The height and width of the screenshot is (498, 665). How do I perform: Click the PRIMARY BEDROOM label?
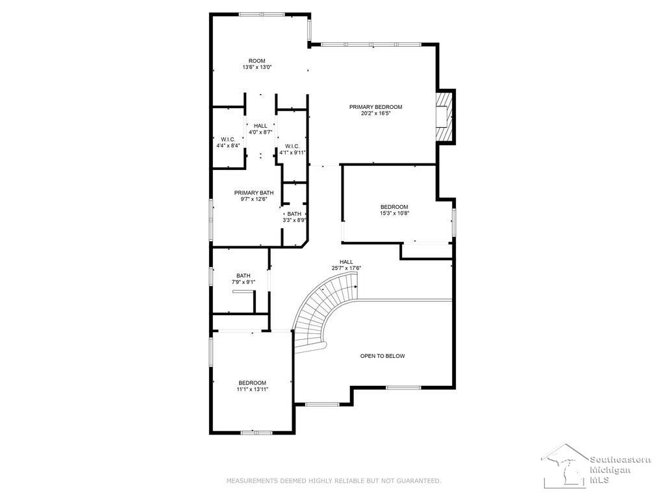375,107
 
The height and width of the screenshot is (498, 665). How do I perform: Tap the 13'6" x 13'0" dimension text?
257,67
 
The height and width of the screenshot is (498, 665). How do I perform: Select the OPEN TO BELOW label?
383,356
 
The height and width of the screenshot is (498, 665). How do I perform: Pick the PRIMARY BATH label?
254,193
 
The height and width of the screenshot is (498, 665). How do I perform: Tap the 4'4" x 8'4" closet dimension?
228,146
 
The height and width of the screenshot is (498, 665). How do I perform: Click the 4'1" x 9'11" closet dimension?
293,152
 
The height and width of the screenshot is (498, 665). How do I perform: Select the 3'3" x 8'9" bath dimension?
294,220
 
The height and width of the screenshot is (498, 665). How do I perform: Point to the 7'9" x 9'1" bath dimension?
244,282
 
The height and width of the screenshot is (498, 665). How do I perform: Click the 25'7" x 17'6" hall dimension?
346,268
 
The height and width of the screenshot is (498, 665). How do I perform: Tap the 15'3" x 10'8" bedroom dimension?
394,213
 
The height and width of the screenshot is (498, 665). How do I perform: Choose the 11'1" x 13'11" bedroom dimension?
253,389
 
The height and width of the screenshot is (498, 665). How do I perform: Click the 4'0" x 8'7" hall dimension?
260,132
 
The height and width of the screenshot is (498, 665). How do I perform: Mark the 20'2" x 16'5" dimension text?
376,113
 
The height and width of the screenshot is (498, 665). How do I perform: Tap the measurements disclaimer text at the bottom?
334,481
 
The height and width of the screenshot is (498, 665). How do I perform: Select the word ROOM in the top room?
257,61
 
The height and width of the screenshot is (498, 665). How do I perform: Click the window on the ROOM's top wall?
262,14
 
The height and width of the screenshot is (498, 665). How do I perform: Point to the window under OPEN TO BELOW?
403,388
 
